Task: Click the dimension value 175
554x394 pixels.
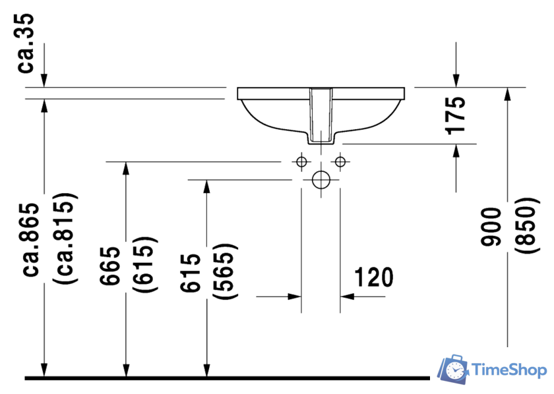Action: click(x=454, y=115)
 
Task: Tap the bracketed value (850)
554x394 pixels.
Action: click(x=525, y=228)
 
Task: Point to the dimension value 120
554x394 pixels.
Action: click(x=373, y=277)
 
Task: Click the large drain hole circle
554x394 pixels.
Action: click(x=321, y=179)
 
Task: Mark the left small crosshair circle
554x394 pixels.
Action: click(x=301, y=161)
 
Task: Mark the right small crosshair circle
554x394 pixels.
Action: click(x=340, y=161)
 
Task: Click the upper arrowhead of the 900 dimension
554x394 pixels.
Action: click(x=507, y=95)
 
